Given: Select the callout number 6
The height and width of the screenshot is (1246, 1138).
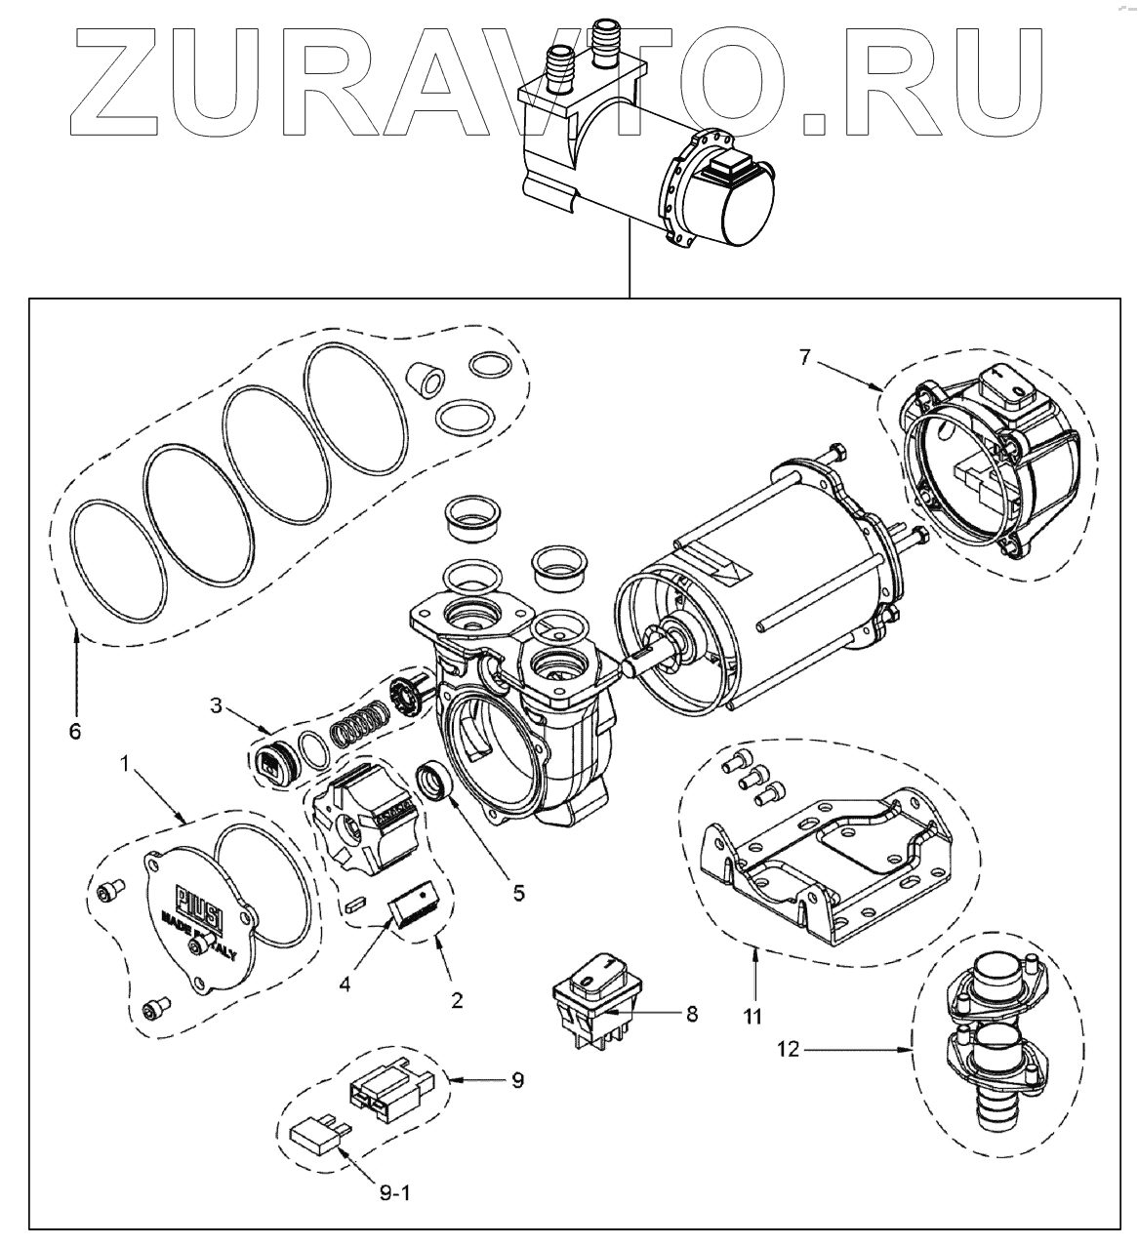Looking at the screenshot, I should tap(76, 731).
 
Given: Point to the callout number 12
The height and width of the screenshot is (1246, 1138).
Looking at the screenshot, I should tap(789, 1050).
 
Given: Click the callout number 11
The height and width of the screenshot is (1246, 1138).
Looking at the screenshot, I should tap(752, 1016).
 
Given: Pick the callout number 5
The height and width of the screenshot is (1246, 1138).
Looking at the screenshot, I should tap(518, 891).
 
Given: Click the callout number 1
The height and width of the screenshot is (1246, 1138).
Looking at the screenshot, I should tap(124, 761).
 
